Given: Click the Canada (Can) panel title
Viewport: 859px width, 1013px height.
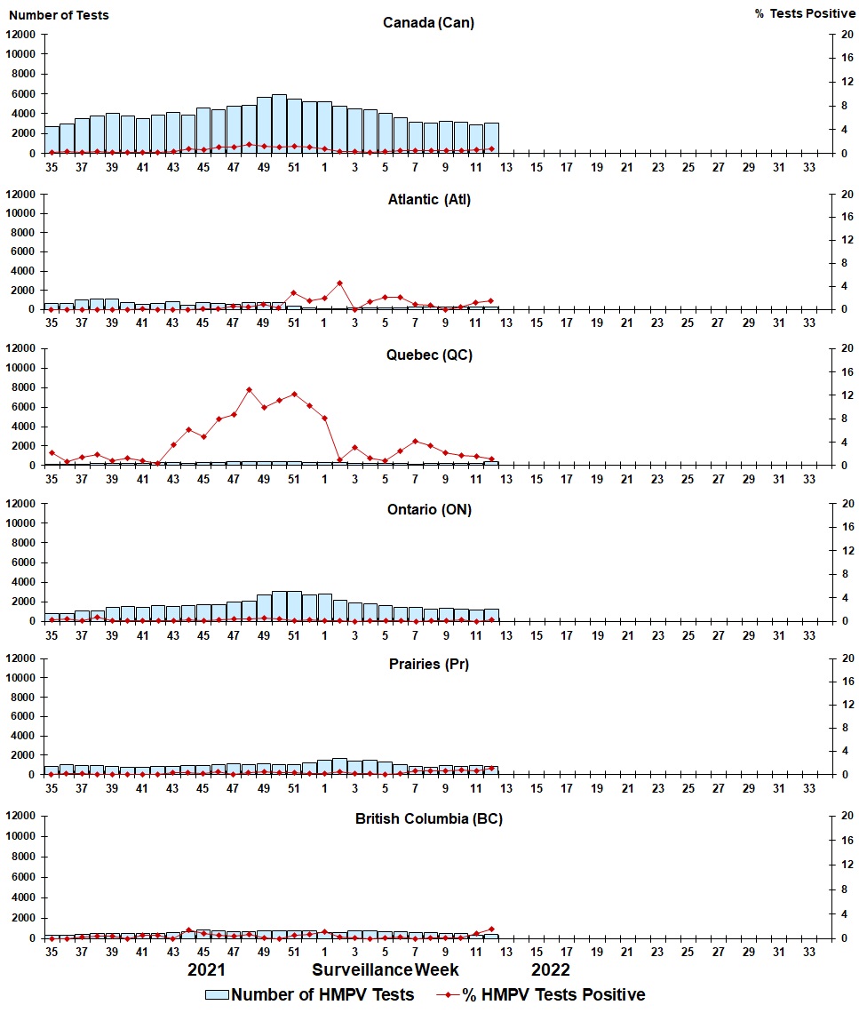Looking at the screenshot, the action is pos(428,22).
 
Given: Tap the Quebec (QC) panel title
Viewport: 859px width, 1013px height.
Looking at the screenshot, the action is pos(429,355).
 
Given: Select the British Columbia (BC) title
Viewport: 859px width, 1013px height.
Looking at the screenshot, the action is pos(429,818).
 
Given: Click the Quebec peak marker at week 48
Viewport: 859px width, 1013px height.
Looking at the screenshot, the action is pos(249,390).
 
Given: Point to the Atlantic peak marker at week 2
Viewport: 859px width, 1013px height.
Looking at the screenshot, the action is pos(339,283).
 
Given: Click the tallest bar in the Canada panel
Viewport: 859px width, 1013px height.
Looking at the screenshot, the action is pos(279,124).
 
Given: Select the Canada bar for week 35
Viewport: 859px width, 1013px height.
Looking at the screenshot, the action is pos(52,140).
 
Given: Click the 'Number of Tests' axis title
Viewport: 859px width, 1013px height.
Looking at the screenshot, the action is pos(59,15).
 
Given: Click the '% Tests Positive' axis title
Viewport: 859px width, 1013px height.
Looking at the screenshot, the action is pos(805,13).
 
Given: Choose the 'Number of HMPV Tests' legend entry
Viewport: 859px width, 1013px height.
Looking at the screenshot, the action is pos(310,994).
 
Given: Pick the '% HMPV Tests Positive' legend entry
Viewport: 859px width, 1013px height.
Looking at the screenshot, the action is pos(541,994).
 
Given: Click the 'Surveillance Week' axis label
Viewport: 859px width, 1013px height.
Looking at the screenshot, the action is pos(385,969).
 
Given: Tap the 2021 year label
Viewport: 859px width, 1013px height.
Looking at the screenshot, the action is pos(206,969).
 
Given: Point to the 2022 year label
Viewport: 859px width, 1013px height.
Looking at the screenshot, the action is pos(550,969).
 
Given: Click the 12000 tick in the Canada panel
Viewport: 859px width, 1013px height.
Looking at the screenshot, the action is pos(20,35).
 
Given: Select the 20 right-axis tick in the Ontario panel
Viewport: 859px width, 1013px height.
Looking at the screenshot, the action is pos(847,503).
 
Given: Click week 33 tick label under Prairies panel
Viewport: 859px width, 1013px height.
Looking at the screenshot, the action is pos(809,788).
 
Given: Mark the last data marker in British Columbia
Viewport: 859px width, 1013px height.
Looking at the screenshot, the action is pos(491,929).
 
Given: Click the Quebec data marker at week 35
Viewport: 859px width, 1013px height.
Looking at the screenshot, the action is pos(52,453).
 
